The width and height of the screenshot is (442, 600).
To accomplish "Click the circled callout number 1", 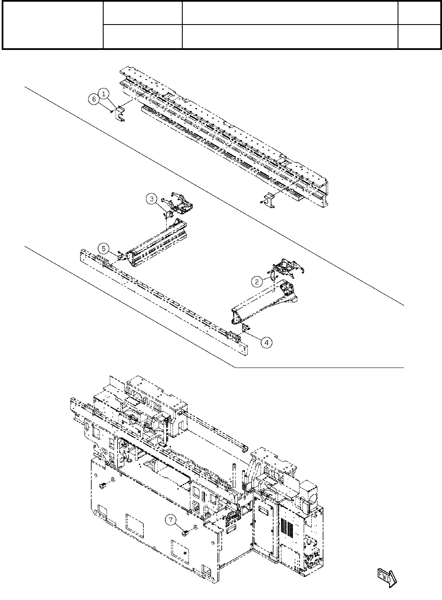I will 104,92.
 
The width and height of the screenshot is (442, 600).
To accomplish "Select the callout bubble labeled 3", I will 152,198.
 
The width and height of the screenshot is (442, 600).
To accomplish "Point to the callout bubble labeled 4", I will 266,342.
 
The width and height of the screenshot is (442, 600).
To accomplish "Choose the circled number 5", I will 104,248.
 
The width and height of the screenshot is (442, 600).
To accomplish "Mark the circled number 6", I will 95,99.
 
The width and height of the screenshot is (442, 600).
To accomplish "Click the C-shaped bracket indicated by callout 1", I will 120,114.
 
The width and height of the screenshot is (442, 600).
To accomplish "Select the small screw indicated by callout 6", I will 111,111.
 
